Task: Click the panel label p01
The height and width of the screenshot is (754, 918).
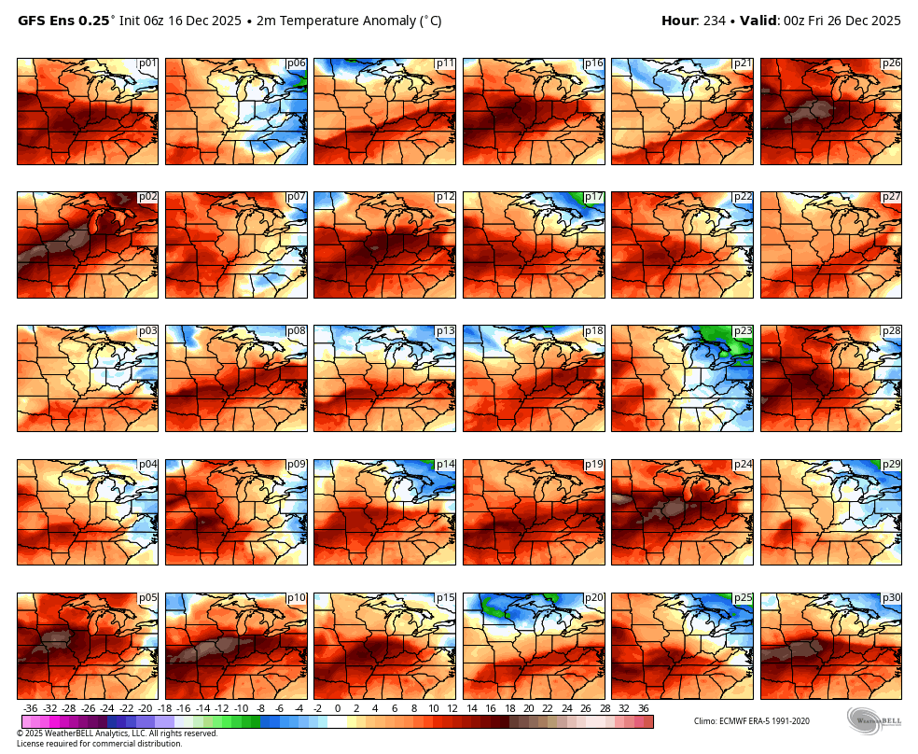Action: [x=147, y=63]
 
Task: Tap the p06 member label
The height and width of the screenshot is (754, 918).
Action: [x=297, y=63]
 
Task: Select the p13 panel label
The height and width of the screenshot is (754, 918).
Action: [x=445, y=331]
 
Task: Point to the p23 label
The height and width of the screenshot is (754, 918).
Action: [x=743, y=331]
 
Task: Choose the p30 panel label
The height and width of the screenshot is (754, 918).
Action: [x=891, y=598]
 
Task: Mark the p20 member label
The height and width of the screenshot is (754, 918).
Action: [x=593, y=598]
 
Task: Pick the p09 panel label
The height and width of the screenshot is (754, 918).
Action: [x=297, y=465]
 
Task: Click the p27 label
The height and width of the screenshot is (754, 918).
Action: [x=891, y=197]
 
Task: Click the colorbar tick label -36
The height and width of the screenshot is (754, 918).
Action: [x=30, y=708]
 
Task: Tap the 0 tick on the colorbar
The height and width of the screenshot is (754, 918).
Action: [x=337, y=708]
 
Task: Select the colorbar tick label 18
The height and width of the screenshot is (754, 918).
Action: [x=509, y=708]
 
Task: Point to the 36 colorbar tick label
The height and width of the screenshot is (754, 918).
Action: [x=643, y=708]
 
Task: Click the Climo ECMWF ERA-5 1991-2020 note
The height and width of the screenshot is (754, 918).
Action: [x=751, y=721]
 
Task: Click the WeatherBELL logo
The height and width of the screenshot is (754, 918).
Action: [x=874, y=720]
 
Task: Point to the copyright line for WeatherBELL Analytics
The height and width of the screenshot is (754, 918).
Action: [x=117, y=733]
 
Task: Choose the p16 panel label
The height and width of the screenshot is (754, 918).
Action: [x=593, y=63]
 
